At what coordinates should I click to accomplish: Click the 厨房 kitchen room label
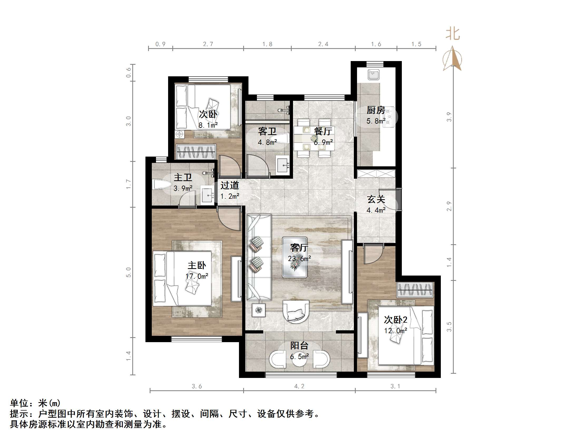pos(376,110)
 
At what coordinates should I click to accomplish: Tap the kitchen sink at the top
pos(374,74)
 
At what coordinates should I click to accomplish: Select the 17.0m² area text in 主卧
pos(197,276)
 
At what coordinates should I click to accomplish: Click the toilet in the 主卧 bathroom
pos(162,184)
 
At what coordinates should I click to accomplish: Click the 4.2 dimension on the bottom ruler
pos(299,386)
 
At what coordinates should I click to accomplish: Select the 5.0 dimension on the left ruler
pos(128,272)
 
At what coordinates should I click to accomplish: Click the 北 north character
pos(452,34)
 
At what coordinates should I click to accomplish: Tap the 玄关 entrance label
pos(376,199)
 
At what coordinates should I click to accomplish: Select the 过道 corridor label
pos(230,185)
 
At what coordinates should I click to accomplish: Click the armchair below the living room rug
pos(296,311)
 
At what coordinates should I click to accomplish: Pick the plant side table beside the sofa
pos(258,309)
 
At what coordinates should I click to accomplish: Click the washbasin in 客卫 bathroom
pos(283,165)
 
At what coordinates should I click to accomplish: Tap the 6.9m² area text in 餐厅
pos(323,142)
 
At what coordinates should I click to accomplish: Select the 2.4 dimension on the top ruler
pos(323,44)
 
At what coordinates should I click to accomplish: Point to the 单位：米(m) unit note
pos(36,403)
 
